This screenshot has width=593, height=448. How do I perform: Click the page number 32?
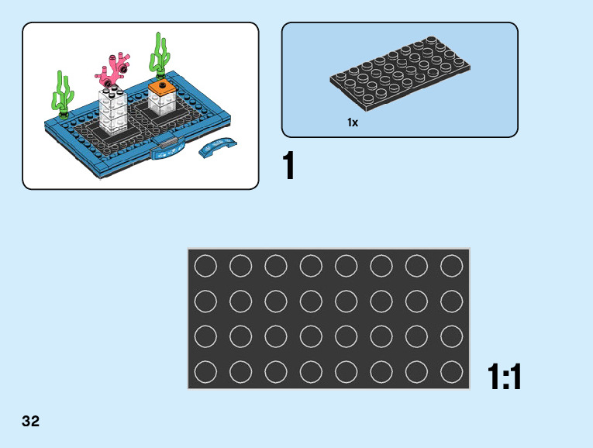pyautogui.click(x=31, y=422)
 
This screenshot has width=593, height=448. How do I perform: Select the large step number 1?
pyautogui.click(x=289, y=167)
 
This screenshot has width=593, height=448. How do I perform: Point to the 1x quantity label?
pyautogui.click(x=353, y=122)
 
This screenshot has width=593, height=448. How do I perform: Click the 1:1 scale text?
pyautogui.click(x=505, y=377)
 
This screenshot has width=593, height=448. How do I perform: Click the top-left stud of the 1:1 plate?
pyautogui.click(x=205, y=267)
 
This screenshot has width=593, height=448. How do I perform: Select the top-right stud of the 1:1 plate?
pyautogui.click(x=451, y=267)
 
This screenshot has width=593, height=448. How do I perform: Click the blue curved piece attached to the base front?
pyautogui.click(x=167, y=150)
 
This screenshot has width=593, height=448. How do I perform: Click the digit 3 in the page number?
pyautogui.click(x=26, y=422)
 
